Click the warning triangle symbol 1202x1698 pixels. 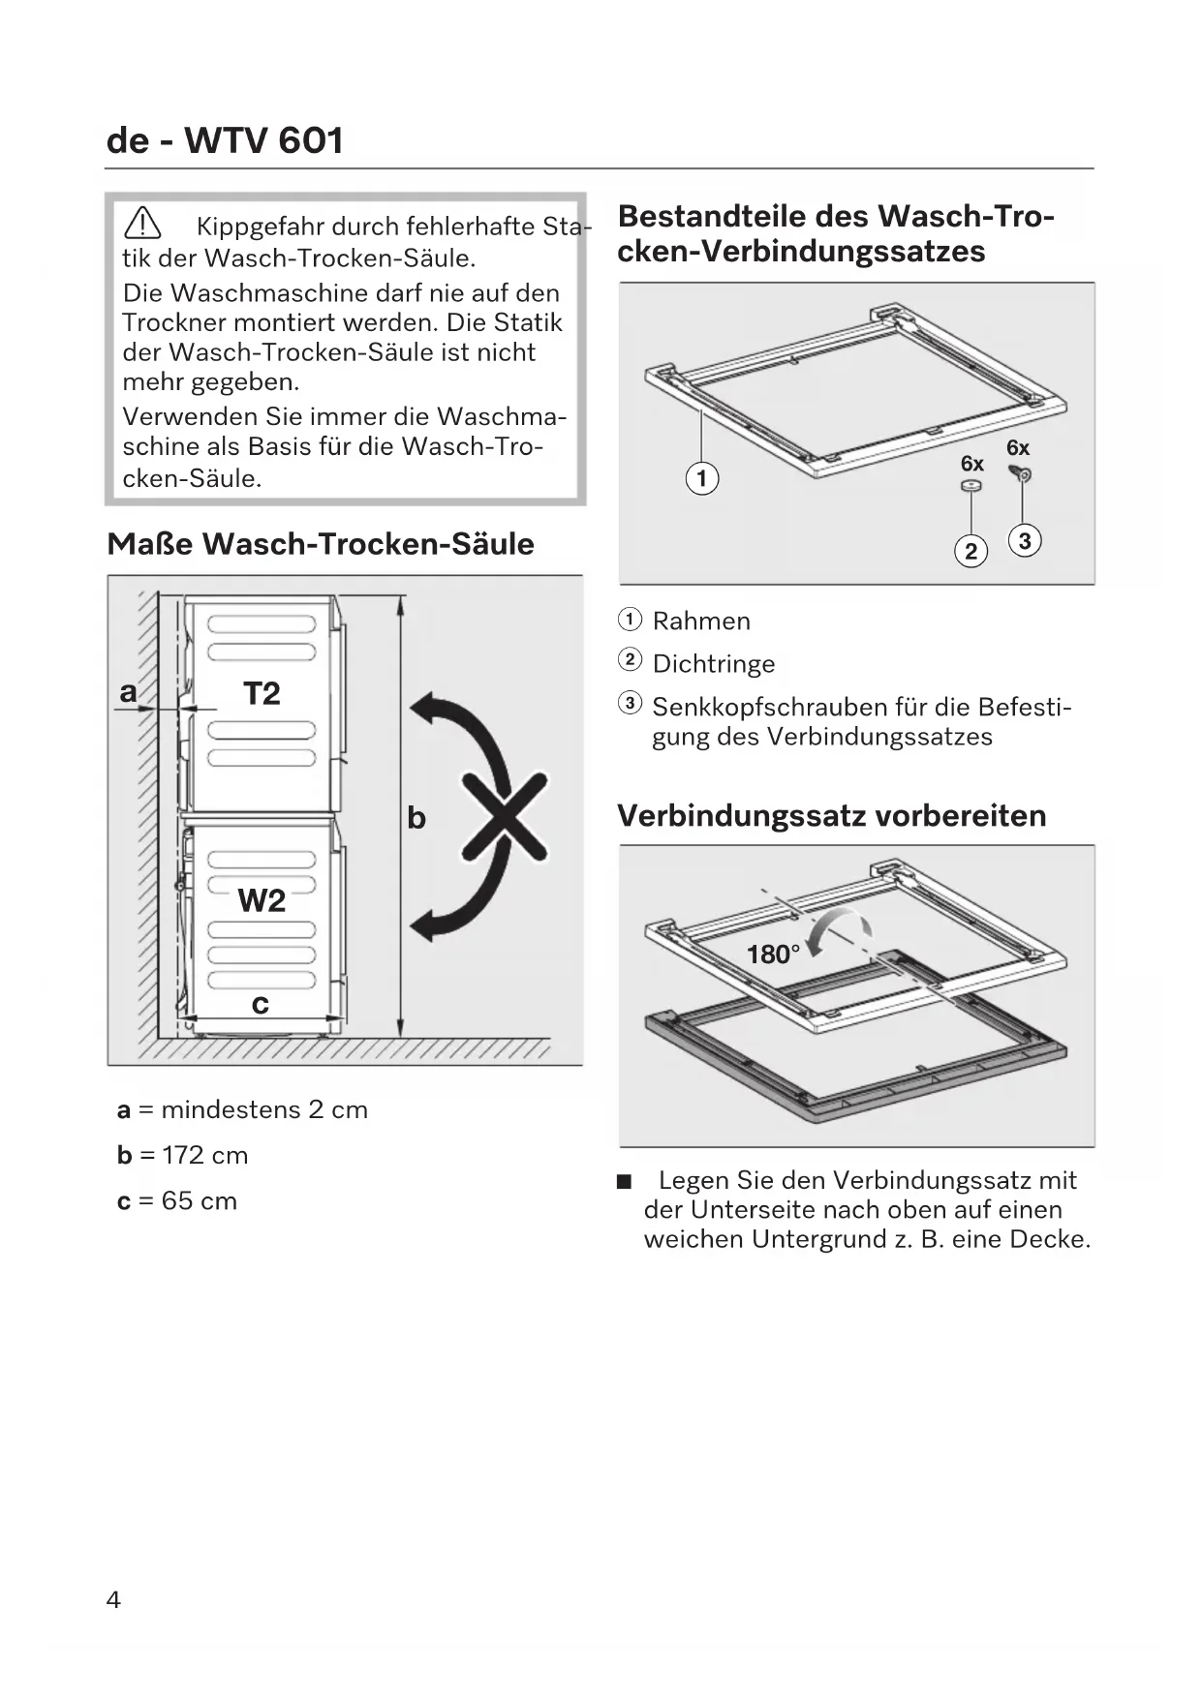tap(142, 225)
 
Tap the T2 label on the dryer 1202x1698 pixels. tap(262, 693)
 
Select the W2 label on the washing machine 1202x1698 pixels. tap(262, 900)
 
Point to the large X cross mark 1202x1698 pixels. tap(505, 815)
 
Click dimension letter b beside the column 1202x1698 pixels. tap(416, 818)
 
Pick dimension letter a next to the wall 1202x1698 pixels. tap(128, 692)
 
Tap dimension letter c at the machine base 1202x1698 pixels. tap(260, 1004)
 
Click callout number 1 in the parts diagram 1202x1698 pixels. tap(702, 478)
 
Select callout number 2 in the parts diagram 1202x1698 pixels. tap(971, 551)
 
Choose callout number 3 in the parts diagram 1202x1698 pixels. tap(1024, 540)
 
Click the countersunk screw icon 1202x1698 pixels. tap(1021, 473)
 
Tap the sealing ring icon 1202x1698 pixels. tap(971, 485)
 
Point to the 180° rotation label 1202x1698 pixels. tap(773, 955)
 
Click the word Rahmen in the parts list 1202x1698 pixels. tap(701, 621)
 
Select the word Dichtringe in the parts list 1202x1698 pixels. tap(714, 663)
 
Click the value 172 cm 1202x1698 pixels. tap(204, 1155)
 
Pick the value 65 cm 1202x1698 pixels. tap(199, 1200)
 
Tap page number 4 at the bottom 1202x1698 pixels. tap(113, 1599)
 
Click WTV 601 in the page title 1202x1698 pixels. tap(263, 141)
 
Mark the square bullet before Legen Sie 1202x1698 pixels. tap(625, 1181)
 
